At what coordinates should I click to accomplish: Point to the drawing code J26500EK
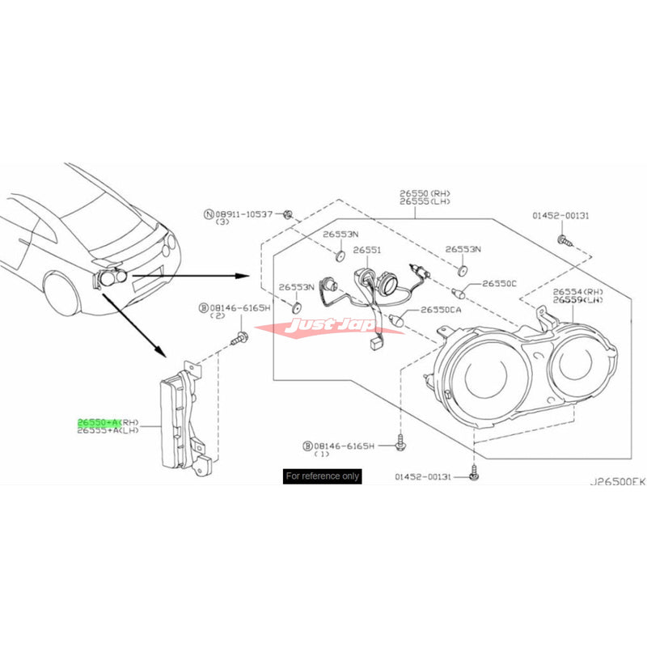pyautogui.click(x=616, y=480)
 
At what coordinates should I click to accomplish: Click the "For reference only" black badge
pyautogui.click(x=322, y=476)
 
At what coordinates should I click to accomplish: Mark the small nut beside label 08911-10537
pyautogui.click(x=288, y=214)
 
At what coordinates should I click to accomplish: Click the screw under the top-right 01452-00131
pyautogui.click(x=563, y=239)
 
